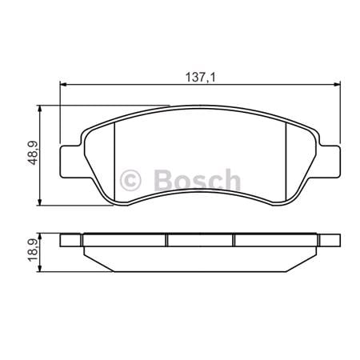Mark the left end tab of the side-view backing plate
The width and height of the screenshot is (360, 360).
71,239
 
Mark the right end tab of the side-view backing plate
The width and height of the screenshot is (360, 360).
328,239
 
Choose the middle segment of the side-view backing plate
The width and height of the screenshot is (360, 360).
199,239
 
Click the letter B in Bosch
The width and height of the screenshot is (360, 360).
161,178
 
